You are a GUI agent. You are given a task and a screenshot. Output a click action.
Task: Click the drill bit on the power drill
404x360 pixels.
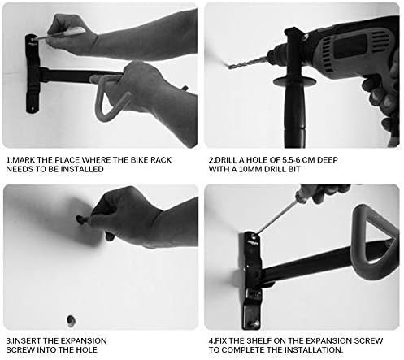(x=246, y=62)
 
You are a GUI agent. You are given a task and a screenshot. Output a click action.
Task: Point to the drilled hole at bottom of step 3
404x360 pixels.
(x=71, y=320)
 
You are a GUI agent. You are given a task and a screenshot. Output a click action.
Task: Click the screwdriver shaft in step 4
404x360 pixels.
(x=276, y=217)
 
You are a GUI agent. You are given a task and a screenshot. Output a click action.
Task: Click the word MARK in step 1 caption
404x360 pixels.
(x=24, y=160)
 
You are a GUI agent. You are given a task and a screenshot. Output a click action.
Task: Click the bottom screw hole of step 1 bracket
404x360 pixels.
(x=33, y=109)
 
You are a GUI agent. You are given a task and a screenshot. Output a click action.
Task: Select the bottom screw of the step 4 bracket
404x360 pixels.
(x=256, y=323)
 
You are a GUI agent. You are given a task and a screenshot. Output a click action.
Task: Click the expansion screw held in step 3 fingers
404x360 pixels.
(x=80, y=219)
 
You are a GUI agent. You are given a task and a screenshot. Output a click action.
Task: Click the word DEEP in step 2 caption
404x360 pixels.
(x=328, y=160)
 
